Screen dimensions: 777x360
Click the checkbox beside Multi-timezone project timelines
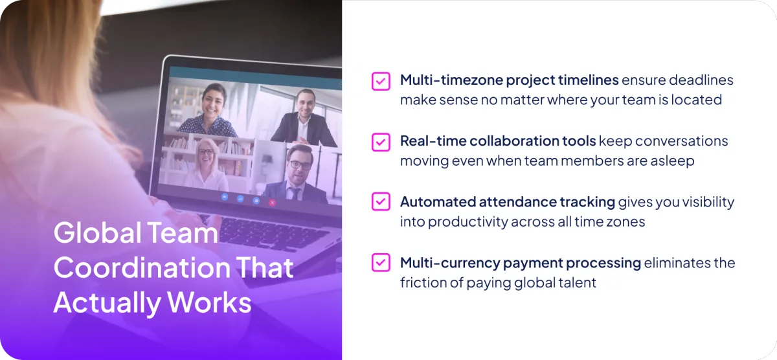point(381,81)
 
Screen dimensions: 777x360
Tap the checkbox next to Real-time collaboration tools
point(381,142)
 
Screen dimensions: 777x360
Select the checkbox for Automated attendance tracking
point(381,201)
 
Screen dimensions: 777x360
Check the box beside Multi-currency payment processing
point(381,262)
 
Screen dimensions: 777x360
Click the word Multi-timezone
point(451,80)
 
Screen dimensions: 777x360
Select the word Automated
point(438,202)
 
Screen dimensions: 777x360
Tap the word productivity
point(468,222)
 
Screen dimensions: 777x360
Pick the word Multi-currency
point(450,264)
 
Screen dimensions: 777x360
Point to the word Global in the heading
point(98,232)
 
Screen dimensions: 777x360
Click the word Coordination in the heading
point(142,267)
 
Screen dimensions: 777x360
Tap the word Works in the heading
point(209,302)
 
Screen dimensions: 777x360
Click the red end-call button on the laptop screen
point(273,203)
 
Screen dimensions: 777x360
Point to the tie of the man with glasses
point(295,193)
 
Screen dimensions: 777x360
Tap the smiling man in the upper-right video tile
point(304,118)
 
